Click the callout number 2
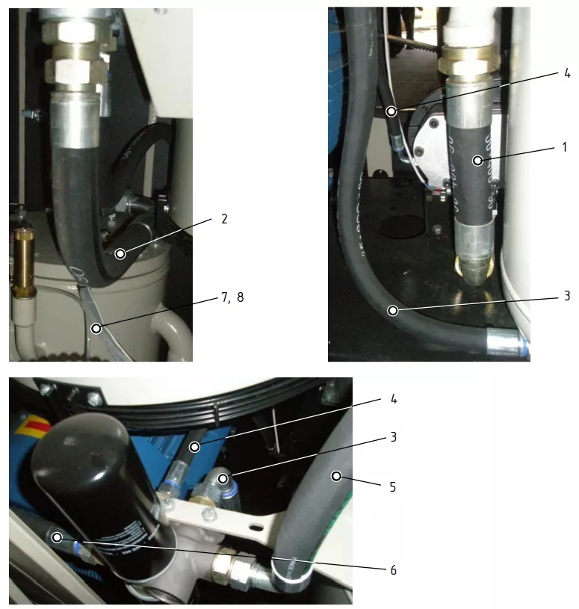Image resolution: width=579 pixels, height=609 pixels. pyautogui.click(x=224, y=219)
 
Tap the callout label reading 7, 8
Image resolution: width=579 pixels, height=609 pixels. pyautogui.click(x=232, y=297)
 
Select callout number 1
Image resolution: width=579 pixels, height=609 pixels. pyautogui.click(x=565, y=147)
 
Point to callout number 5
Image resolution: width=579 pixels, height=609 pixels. pyautogui.click(x=393, y=487)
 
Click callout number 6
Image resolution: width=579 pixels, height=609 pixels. pyautogui.click(x=393, y=570)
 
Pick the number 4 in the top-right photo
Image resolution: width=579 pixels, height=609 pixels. pyautogui.click(x=567, y=73)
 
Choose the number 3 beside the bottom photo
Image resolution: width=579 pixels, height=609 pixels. pyautogui.click(x=394, y=437)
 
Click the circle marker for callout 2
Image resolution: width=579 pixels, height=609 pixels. pyautogui.click(x=120, y=254)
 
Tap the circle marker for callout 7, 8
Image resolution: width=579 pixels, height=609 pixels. pyautogui.click(x=96, y=329)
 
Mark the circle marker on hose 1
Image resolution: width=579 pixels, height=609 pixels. pyautogui.click(x=477, y=161)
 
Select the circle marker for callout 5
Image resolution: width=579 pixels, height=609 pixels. pyautogui.click(x=336, y=476)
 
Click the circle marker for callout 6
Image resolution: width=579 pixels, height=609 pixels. pyautogui.click(x=57, y=537)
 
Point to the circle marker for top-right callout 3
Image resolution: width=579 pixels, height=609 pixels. pyautogui.click(x=393, y=311)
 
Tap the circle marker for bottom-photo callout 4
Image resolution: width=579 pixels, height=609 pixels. pyautogui.click(x=194, y=447)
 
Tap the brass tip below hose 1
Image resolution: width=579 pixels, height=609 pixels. pyautogui.click(x=474, y=271)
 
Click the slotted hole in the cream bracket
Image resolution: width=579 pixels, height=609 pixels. pyautogui.click(x=256, y=528)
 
